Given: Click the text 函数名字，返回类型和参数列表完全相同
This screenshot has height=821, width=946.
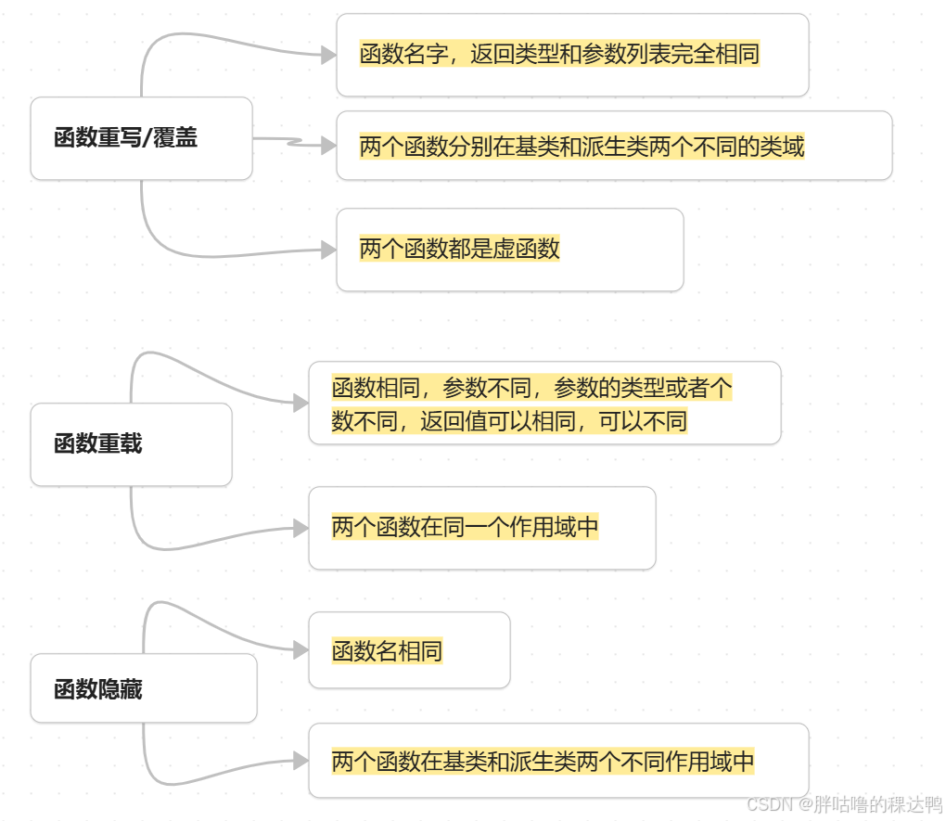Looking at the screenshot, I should click(559, 54).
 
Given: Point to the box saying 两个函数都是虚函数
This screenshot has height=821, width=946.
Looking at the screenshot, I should click(509, 249).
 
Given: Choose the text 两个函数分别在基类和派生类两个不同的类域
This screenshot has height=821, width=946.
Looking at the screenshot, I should click(582, 146).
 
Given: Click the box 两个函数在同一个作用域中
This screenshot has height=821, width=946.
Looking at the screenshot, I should click(481, 527).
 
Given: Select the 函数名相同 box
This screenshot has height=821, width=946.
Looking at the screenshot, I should click(409, 650).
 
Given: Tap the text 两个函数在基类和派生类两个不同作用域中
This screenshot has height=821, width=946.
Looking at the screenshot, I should click(543, 762).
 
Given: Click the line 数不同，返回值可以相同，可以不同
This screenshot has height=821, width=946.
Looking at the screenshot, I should click(509, 421).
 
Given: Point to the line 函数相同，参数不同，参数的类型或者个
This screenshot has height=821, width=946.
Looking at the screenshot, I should click(531, 388).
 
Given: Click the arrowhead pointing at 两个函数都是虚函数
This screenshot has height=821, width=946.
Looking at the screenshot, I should click(327, 250).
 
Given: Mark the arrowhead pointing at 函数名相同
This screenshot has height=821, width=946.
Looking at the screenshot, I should click(300, 651).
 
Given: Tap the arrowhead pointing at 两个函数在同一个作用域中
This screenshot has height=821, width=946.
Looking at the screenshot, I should click(300, 528).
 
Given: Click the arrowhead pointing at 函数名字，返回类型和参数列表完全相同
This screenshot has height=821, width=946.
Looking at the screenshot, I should click(327, 56).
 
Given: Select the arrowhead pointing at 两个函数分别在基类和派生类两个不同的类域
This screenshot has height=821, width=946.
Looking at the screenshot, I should click(327, 146).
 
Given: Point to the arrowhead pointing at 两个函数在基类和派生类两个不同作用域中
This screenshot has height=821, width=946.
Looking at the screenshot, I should click(300, 762).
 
